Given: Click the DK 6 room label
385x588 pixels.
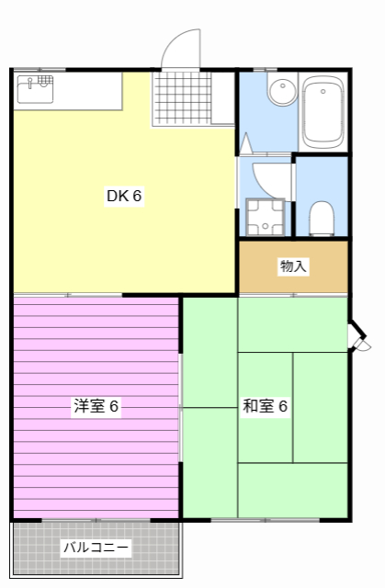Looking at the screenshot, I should click(124, 196).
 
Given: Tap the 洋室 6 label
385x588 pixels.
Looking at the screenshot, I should click(96, 406).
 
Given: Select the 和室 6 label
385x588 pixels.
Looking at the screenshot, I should click(266, 406).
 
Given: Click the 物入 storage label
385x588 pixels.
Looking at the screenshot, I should click(293, 266).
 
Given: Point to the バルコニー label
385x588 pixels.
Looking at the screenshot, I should click(96, 548).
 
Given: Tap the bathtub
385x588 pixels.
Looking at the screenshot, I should click(323, 111).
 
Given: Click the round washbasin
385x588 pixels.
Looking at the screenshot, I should click(279, 91).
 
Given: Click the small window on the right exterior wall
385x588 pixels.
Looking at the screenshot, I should click(359, 336).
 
